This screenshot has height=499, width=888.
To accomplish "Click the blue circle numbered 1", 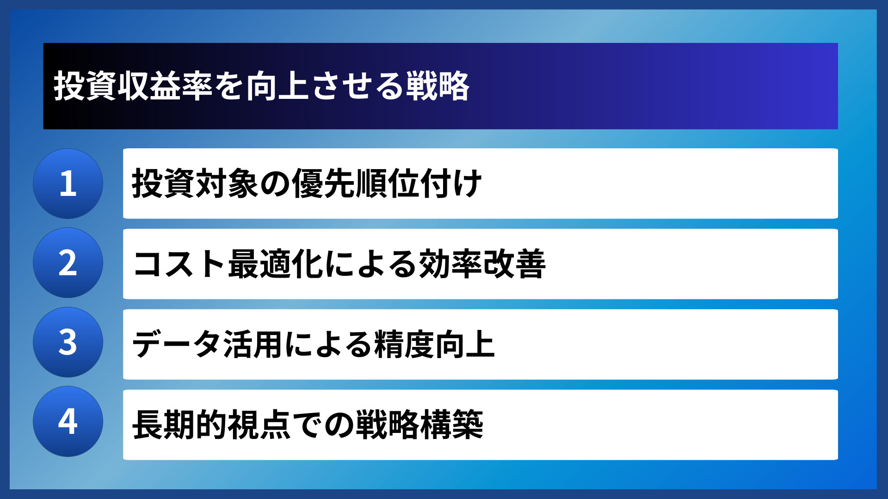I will (68, 184).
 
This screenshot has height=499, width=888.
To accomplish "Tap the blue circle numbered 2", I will (68, 263).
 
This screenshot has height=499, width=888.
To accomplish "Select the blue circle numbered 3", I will (68, 342).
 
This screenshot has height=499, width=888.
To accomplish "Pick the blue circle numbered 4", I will (68, 421).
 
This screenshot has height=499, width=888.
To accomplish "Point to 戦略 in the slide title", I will (438, 86).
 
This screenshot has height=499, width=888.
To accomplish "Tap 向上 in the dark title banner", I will (277, 86).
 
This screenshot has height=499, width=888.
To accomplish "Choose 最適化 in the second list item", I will (275, 264).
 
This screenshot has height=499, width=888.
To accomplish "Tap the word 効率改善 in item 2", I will (482, 264).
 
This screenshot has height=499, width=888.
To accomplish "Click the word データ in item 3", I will (176, 345).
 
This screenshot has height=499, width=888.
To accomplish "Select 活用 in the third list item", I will (253, 345).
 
